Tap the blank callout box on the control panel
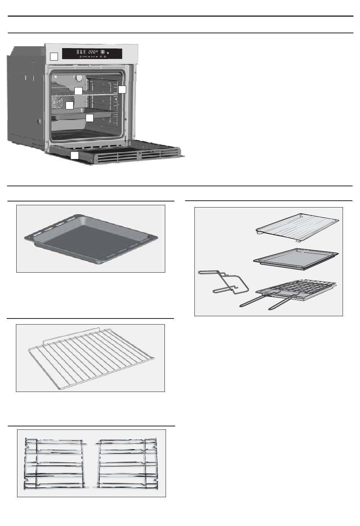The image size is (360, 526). click(x=54, y=56)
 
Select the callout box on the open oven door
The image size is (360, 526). click(x=75, y=155)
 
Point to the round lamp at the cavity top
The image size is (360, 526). click(x=79, y=77)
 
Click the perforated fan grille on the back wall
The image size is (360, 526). click(x=56, y=101)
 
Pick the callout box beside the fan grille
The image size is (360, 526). click(x=69, y=105)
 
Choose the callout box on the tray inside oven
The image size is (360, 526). click(x=89, y=118)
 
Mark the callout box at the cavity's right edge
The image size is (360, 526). click(x=122, y=90)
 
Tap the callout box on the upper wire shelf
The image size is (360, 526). click(x=78, y=91)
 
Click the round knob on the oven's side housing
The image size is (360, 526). click(x=39, y=122)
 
